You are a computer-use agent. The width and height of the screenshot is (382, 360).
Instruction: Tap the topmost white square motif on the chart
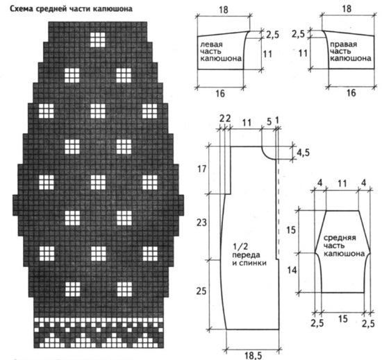(x=98, y=40)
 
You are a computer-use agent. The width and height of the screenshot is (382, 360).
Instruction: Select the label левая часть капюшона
(x=221, y=51)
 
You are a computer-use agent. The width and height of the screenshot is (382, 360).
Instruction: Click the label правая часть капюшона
(x=351, y=51)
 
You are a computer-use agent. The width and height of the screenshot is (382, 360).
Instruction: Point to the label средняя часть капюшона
(x=344, y=246)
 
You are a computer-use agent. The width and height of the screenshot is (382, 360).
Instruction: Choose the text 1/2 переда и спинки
(x=249, y=255)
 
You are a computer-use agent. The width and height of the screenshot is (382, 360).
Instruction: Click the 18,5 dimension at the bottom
(x=254, y=356)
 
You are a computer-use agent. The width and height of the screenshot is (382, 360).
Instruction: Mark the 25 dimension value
(x=201, y=291)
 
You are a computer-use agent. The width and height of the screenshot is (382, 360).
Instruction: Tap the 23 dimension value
(x=201, y=223)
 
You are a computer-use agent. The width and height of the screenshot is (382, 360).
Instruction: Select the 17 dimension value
(x=201, y=169)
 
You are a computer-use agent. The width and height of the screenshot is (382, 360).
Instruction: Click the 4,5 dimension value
(x=303, y=153)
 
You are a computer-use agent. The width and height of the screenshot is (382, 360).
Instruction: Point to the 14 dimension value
(x=292, y=270)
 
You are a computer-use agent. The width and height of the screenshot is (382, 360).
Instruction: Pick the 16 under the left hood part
(x=220, y=94)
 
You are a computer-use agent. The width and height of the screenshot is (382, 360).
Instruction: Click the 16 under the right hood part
(x=351, y=93)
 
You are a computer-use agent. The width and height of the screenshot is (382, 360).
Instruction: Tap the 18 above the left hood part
(x=223, y=10)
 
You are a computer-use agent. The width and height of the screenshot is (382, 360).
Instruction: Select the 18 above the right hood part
(x=347, y=9)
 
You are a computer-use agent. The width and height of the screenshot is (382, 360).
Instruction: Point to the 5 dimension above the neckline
(x=269, y=121)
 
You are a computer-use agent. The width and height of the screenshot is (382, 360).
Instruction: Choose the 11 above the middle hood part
(x=342, y=183)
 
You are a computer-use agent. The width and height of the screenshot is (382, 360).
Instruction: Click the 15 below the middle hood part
(x=343, y=319)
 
